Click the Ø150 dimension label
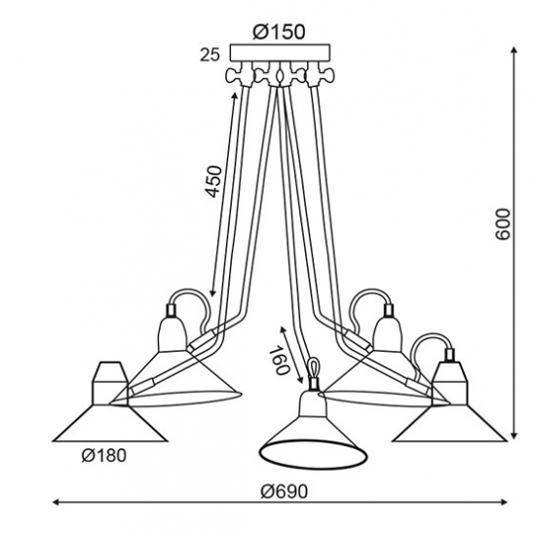(x=279, y=32)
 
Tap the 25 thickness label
(x=210, y=55)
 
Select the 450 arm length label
(x=214, y=181)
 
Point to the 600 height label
(x=503, y=224)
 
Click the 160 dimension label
(x=280, y=360)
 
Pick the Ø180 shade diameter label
(x=104, y=455)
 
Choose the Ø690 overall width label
(x=285, y=492)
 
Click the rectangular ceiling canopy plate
(x=280, y=53)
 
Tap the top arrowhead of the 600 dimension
(x=514, y=50)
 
